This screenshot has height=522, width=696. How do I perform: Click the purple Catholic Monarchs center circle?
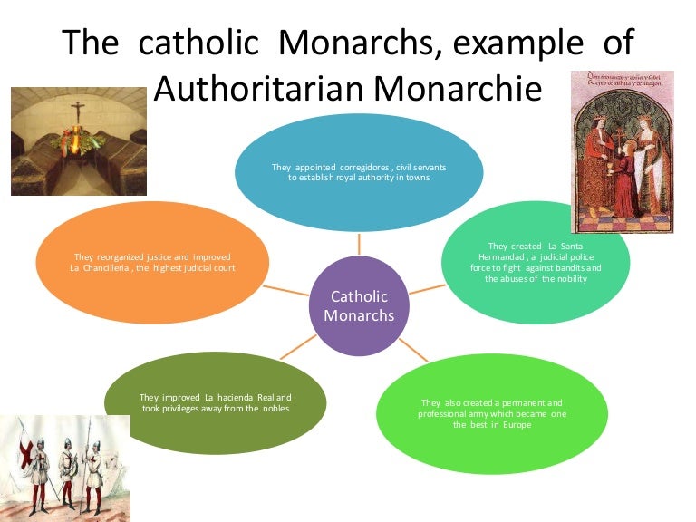[360, 306]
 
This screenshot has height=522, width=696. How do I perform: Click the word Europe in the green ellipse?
[509, 424]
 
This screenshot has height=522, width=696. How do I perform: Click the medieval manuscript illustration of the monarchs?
[622, 150]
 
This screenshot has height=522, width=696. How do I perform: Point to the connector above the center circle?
[360, 243]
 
